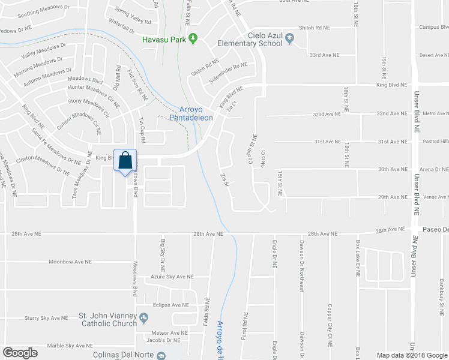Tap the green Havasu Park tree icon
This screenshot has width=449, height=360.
pos(193,40)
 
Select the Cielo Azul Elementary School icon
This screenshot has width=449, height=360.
pos(290,39)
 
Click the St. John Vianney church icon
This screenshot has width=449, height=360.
pos(143,316)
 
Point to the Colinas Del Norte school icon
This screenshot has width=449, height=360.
pos(160,355)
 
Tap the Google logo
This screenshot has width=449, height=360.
pos(20,353)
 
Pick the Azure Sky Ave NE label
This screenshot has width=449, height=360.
pos(172,277)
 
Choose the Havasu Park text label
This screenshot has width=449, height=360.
pos(162,40)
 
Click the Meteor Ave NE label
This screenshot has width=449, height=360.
pos(170,332)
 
